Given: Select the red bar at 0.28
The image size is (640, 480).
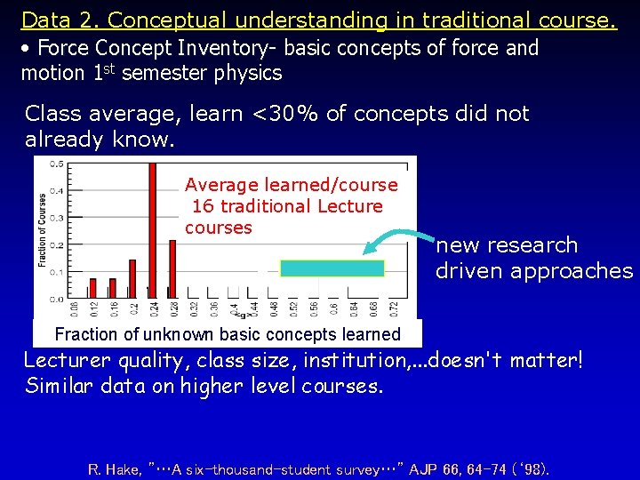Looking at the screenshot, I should pos(172,268).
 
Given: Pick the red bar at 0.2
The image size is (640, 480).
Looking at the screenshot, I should pos(132,279).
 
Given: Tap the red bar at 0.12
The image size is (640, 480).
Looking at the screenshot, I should pos(92,288).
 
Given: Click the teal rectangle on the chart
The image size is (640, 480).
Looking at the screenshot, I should pos(332,268).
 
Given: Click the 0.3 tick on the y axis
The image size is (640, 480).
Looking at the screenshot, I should pos(56,218).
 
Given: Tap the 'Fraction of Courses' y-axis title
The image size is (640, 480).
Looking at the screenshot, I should pos(43,230).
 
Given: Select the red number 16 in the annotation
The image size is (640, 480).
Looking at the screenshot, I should pos(203,206).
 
